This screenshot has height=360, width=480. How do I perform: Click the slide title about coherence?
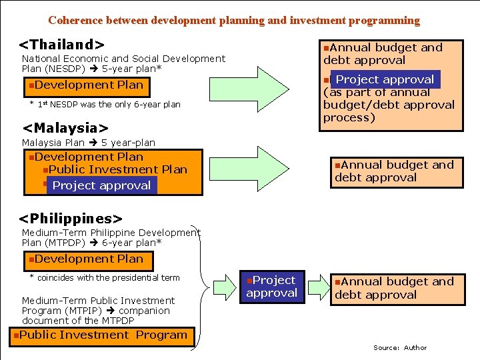coord(234,21)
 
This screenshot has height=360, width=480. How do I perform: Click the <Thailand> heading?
coord(61,45)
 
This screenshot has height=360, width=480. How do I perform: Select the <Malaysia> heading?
coord(65,127)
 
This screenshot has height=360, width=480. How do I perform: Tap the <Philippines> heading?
coord(71,219)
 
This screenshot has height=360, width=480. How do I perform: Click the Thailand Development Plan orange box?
coord(85,85)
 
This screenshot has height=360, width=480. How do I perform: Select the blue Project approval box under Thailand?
coord(385,79)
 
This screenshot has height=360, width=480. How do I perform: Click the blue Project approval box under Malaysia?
coord(101,185)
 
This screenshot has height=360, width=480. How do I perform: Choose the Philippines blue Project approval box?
coord(271,287)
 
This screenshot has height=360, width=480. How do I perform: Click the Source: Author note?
coord(400,347)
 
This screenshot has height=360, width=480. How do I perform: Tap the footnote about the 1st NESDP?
coord(105,105)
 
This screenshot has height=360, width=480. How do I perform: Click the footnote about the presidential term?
coord(105,278)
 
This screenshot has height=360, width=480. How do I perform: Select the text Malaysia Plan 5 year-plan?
coord(89,143)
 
